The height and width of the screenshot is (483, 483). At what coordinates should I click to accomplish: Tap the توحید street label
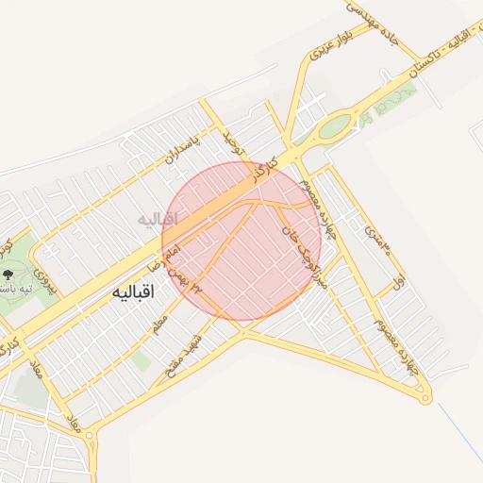(232, 143)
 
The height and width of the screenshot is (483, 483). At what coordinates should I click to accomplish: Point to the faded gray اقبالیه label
(158, 219)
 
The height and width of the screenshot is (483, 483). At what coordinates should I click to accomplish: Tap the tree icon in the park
(8, 274)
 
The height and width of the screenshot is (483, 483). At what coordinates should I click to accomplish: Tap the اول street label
(399, 281)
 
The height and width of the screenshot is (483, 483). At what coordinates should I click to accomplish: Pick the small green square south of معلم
(142, 359)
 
